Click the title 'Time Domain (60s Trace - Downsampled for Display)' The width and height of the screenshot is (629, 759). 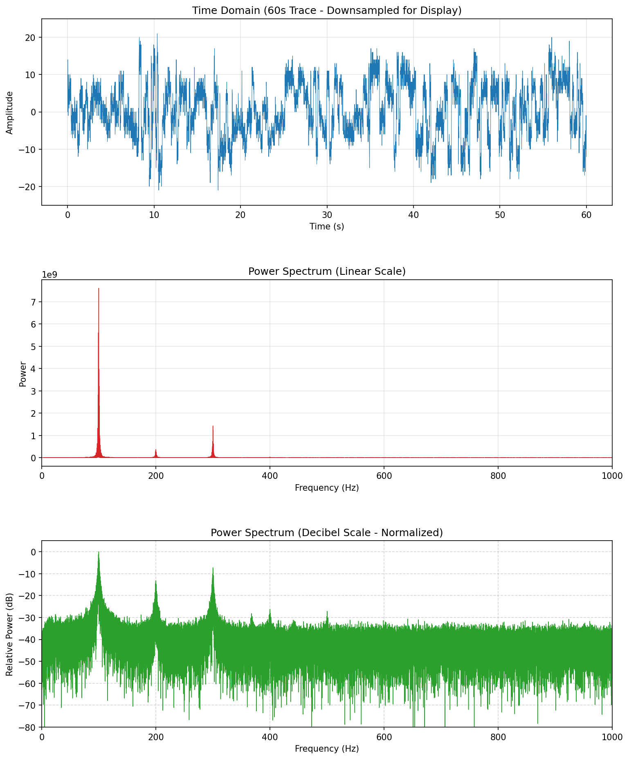point(327,11)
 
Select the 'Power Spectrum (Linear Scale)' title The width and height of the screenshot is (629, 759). point(327,272)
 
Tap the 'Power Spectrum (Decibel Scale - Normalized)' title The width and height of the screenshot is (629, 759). point(327,532)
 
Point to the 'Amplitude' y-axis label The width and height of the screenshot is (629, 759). point(10,112)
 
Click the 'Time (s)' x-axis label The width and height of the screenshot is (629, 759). point(327,226)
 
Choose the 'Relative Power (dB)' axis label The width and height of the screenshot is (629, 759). point(10,634)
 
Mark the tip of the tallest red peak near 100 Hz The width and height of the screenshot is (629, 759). point(99,289)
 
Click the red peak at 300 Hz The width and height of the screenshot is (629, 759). point(213,427)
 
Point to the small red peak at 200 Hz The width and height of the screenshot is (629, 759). point(156,450)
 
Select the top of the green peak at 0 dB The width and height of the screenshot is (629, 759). point(99,552)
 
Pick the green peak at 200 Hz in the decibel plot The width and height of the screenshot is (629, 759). point(156,581)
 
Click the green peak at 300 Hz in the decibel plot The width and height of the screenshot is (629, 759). point(213,568)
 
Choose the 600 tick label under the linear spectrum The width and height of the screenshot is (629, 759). point(384,476)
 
